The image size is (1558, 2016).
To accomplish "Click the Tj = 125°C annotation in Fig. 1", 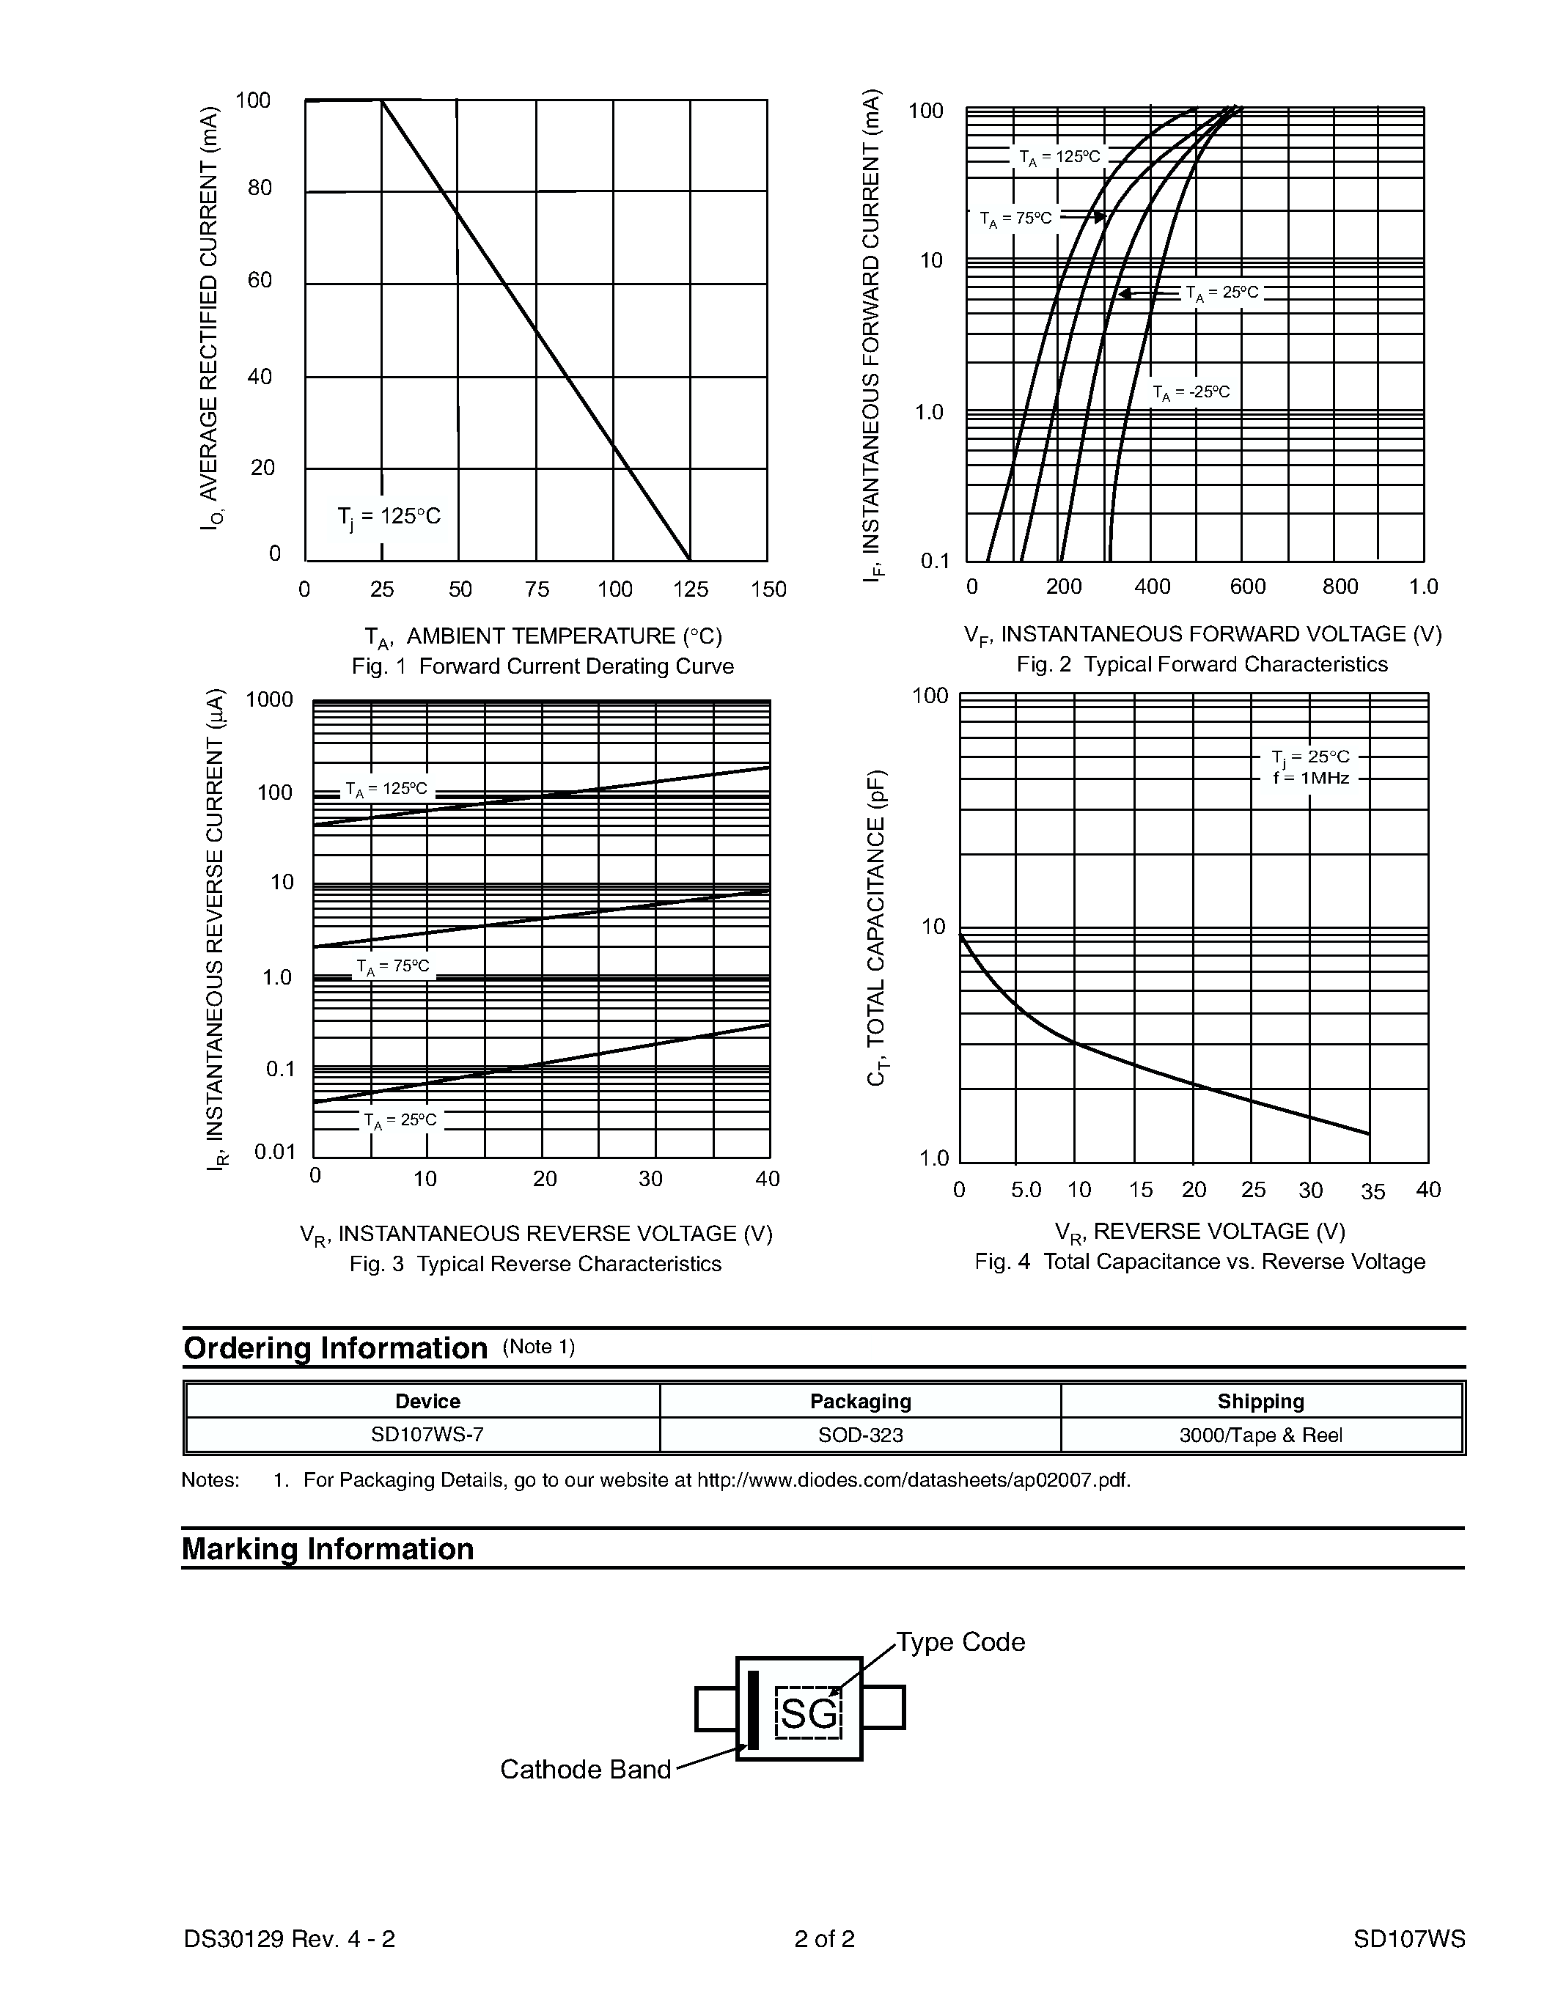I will point(389,517).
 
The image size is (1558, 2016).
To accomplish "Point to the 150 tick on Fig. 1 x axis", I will point(768,590).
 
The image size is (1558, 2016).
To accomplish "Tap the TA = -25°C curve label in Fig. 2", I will point(1191,392).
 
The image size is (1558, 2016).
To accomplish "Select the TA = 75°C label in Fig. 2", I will point(1015,218).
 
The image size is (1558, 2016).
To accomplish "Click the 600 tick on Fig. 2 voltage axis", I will point(1247,587).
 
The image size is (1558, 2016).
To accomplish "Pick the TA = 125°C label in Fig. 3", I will point(386,790).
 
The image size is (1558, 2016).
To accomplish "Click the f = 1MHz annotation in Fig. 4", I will point(1311,778).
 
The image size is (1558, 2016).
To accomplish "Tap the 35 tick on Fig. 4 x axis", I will point(1373,1192).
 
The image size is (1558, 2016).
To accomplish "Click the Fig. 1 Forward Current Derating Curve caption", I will point(543,666).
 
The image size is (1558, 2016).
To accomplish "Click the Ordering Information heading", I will point(335,1349).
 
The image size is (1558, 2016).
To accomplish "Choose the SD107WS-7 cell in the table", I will point(427,1435).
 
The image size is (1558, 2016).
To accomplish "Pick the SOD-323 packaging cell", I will point(860,1435).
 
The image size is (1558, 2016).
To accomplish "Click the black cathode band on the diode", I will point(753,1710).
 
